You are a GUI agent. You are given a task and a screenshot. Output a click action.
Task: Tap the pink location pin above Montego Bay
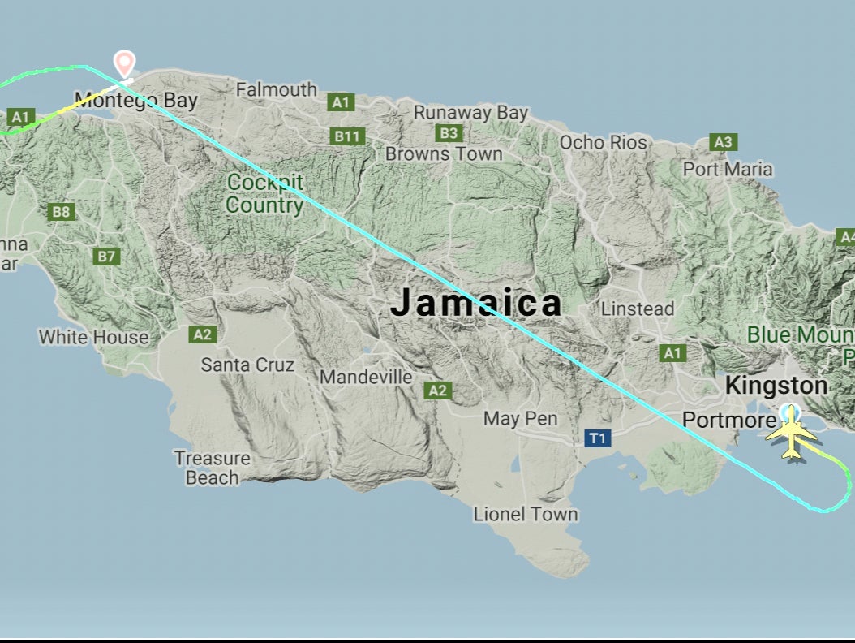124,63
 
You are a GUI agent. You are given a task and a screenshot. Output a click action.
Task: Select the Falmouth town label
277,89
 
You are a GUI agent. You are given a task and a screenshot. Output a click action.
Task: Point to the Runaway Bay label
471,113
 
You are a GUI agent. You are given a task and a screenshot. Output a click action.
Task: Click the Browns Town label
444,153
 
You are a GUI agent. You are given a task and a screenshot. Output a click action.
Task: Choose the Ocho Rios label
604,143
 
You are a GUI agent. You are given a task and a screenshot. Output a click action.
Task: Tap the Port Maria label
728,170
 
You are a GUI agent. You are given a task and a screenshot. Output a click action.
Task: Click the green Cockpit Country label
264,193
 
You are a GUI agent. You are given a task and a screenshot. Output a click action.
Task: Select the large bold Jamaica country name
476,303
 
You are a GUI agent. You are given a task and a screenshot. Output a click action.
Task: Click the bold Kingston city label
776,386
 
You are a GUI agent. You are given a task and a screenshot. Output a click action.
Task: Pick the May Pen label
520,419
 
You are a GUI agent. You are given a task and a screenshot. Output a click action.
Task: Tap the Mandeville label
366,378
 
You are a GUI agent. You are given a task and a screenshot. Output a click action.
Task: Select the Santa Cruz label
247,365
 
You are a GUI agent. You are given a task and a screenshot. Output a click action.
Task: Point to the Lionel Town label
526,514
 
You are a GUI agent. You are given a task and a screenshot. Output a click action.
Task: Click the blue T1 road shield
598,439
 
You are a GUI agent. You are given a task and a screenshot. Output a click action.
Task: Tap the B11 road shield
347,136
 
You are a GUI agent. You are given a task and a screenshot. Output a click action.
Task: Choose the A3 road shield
724,143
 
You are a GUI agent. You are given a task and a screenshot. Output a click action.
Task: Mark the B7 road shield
107,257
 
